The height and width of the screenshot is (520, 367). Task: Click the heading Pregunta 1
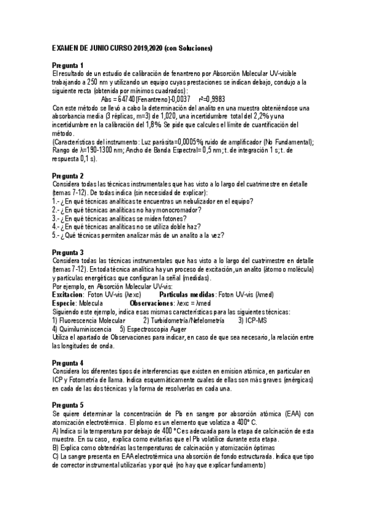coord(68,65)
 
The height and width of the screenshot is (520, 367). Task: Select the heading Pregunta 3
coord(68,253)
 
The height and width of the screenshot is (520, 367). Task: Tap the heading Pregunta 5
coord(68,405)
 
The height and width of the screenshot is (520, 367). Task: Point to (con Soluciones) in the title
coord(187,48)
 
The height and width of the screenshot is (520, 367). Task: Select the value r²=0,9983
coord(216,99)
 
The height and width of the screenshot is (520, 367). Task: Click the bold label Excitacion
coord(69,295)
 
